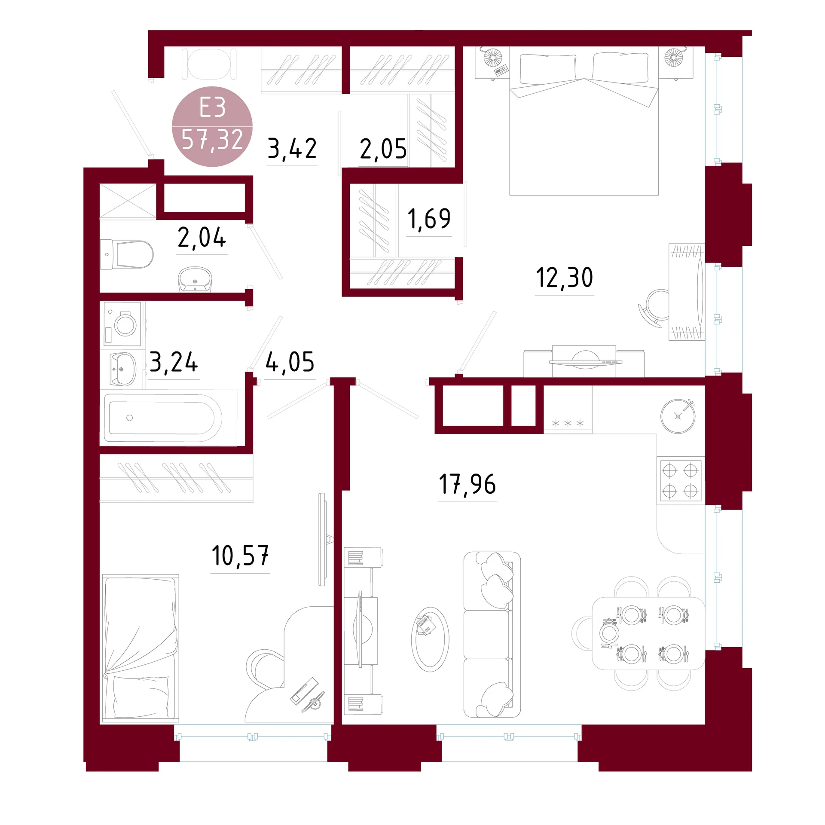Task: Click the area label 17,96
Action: tap(467, 484)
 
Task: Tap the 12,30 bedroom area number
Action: tap(565, 278)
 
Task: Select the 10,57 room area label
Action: tap(240, 556)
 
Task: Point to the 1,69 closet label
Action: tap(429, 219)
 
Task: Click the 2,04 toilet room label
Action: tap(202, 238)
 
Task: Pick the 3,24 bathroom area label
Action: tap(174, 362)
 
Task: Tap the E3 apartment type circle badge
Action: tap(212, 126)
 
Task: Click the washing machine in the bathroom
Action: tap(123, 324)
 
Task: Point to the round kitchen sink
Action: tap(678, 416)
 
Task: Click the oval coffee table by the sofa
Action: tap(430, 639)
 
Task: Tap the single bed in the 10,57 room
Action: tap(140, 648)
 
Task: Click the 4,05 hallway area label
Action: tap(290, 362)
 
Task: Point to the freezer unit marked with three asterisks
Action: tap(568, 409)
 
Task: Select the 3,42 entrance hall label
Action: tap(292, 149)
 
